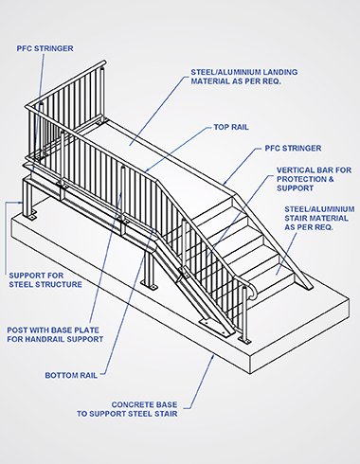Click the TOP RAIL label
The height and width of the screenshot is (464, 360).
(231, 127)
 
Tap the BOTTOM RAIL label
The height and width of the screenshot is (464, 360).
(71, 375)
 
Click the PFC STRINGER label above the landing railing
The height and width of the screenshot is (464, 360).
(45, 48)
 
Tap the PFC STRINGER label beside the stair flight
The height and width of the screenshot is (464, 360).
(293, 149)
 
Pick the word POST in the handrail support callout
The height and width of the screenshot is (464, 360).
(17, 330)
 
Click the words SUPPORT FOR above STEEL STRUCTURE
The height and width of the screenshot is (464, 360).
(36, 276)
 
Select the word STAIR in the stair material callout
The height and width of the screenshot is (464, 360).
(297, 218)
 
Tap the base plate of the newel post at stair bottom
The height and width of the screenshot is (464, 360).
(244, 340)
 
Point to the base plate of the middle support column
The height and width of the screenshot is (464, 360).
(150, 286)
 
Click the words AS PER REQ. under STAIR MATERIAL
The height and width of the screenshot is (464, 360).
(309, 227)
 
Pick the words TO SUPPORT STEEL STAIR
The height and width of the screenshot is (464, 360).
(127, 414)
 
